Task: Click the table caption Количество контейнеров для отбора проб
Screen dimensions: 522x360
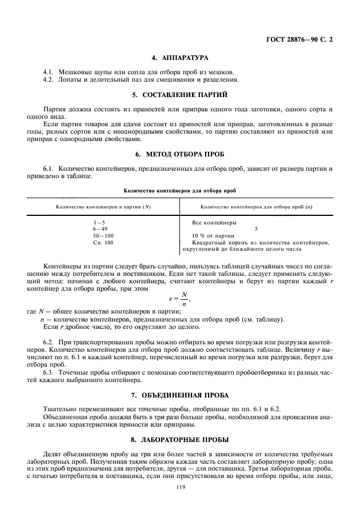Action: pos(179,190)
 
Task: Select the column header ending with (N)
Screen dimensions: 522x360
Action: pos(103,206)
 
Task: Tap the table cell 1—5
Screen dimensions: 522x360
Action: pos(99,222)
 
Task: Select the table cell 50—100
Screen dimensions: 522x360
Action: pos(103,235)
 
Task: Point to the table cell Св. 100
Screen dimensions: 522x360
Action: pos(103,243)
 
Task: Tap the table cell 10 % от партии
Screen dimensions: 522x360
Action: pos(213,235)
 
